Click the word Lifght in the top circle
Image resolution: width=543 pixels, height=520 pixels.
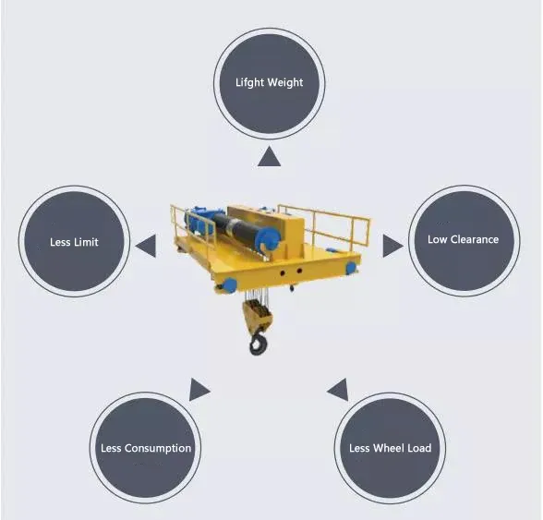(x=249, y=83)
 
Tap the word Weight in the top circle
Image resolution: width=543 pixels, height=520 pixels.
(x=285, y=83)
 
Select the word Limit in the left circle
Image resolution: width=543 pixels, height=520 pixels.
(x=86, y=242)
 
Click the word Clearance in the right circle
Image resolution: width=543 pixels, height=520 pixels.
(x=475, y=239)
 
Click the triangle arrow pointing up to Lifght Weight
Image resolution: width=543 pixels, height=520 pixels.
(x=269, y=158)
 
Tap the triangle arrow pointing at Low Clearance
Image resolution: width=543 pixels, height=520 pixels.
(x=392, y=246)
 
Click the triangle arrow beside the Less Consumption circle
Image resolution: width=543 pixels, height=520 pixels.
(x=198, y=390)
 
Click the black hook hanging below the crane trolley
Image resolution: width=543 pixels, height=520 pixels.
(x=259, y=343)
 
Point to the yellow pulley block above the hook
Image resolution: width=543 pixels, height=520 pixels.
(x=258, y=314)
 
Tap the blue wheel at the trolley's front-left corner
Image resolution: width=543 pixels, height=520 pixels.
(x=229, y=285)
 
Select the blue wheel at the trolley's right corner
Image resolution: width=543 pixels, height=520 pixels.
(x=351, y=268)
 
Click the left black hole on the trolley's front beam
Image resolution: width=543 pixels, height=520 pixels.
(x=283, y=273)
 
